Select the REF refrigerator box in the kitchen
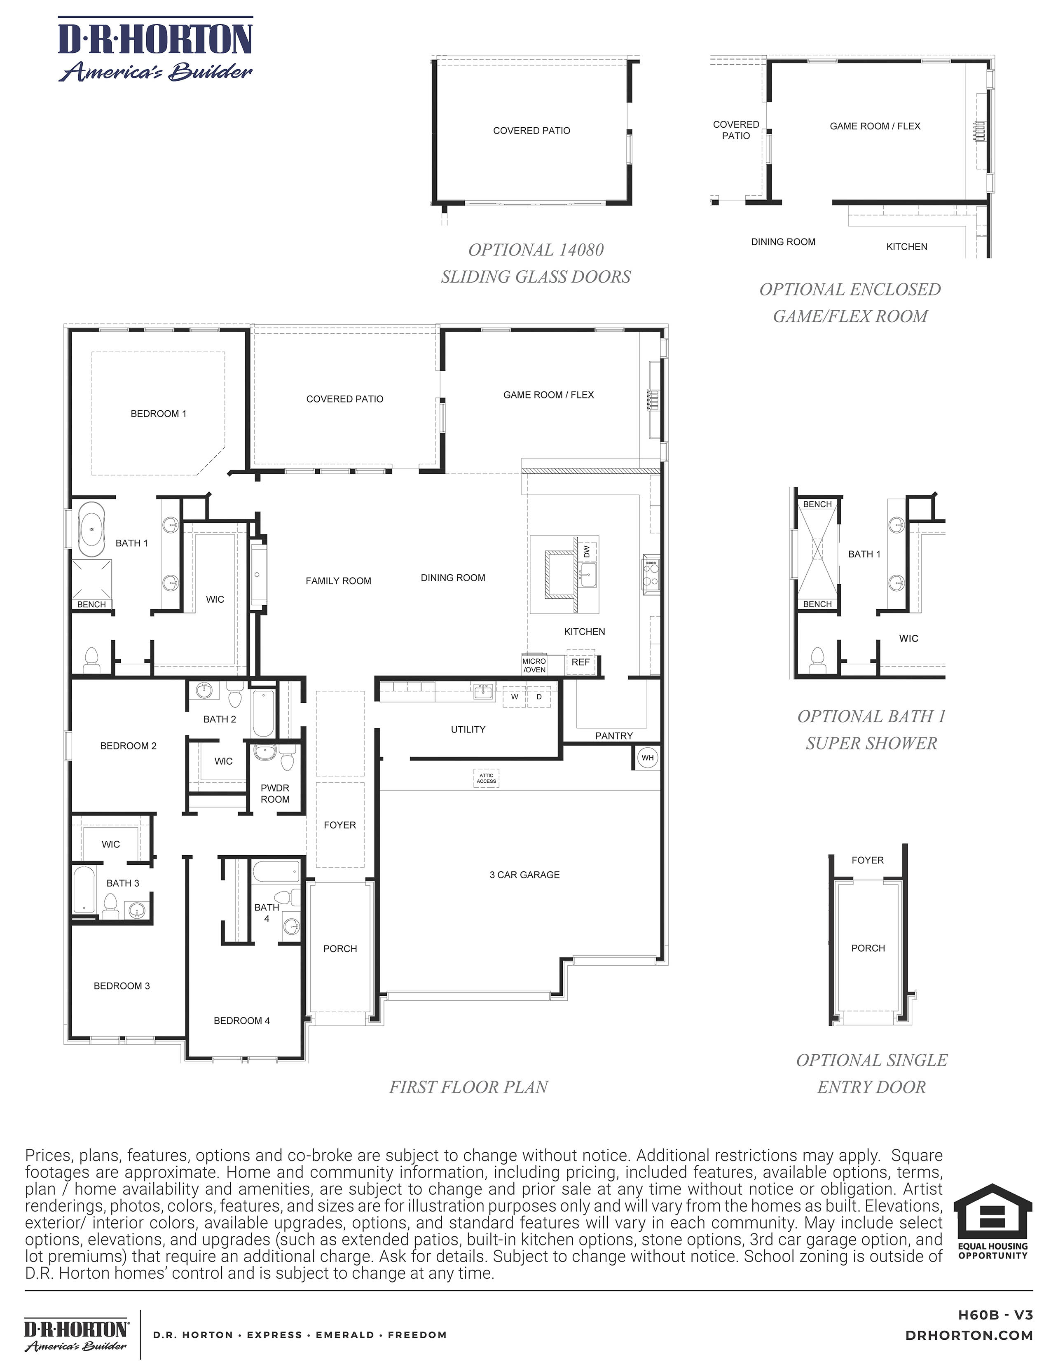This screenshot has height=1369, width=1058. [x=580, y=662]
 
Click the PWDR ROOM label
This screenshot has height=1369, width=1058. [x=275, y=793]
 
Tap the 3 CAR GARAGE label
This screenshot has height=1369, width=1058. [x=524, y=875]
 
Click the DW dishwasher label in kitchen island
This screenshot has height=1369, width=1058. [x=587, y=552]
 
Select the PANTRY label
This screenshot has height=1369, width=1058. [x=613, y=736]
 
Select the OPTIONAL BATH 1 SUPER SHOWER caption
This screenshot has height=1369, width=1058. [x=871, y=730]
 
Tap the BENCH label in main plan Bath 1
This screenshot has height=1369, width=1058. [x=91, y=604]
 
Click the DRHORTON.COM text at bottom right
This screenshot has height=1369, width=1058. [x=969, y=1336]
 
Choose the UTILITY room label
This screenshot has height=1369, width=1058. [x=468, y=730]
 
